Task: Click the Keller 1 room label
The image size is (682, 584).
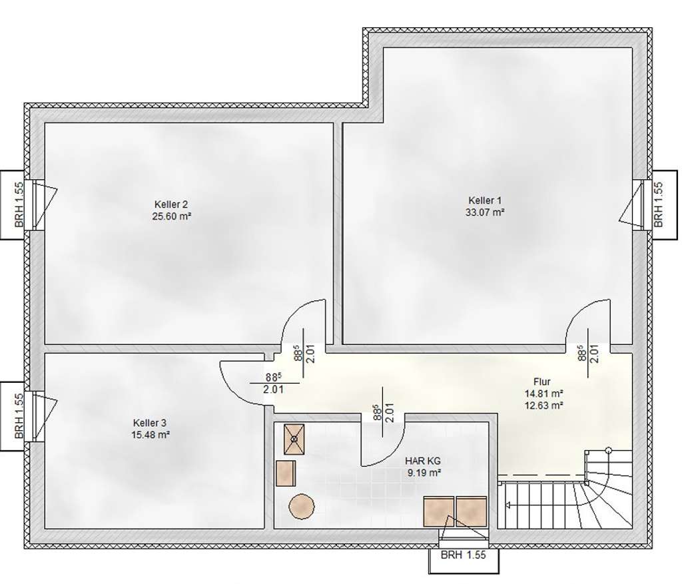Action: [x=486, y=200]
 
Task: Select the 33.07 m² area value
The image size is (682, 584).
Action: [x=486, y=212]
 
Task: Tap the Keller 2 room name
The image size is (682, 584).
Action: [x=172, y=204]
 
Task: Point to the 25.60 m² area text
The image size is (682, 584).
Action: [x=172, y=216]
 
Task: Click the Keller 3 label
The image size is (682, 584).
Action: [x=150, y=423]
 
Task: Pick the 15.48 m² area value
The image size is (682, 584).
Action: [x=150, y=435]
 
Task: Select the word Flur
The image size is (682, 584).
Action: [x=541, y=382]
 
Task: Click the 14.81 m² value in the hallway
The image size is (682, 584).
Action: [x=545, y=393]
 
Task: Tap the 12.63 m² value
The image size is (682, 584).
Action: [x=545, y=404]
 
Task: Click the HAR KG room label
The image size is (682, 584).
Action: [x=424, y=461]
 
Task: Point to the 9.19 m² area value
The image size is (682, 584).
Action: [x=424, y=472]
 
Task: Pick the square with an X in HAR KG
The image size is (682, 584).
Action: [x=294, y=437]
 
